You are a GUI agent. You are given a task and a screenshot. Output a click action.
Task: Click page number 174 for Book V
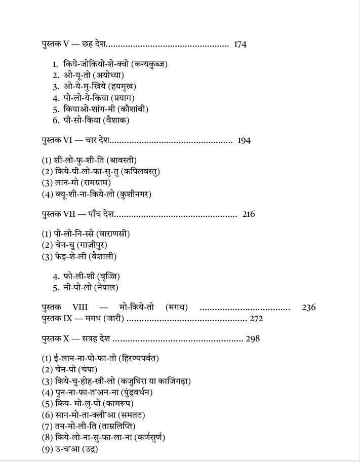tap(240, 45)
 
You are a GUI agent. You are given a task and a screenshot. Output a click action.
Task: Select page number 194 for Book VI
tap(244, 141)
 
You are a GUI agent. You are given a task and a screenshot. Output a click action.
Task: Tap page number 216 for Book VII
tap(249, 214)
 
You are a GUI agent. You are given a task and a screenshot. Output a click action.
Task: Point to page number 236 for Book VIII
tap(309, 307)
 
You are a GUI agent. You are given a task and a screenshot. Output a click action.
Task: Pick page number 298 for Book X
tap(253, 339)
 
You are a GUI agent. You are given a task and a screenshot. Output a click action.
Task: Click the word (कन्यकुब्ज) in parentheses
tap(149, 64)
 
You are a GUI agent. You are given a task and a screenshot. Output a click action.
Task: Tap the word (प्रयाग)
tap(118, 98)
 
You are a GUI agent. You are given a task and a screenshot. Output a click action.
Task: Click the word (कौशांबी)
tap(132, 109)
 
